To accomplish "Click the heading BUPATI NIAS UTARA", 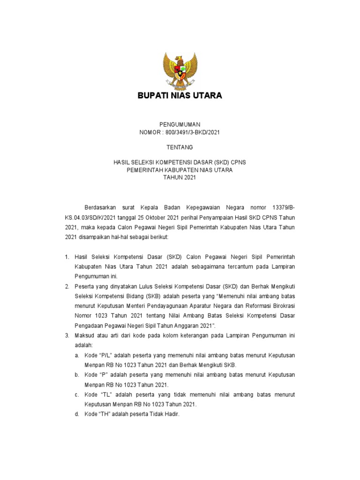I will click(180, 96).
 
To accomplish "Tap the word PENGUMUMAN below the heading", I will click(180, 125).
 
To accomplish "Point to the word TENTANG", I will click(180, 147).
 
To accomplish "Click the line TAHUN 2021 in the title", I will click(180, 178).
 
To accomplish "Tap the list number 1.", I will click(67, 257).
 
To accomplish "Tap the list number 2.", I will click(67, 286).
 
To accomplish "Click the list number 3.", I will click(67, 336).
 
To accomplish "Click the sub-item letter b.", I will click(76, 375).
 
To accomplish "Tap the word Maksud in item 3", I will click(85, 336).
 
